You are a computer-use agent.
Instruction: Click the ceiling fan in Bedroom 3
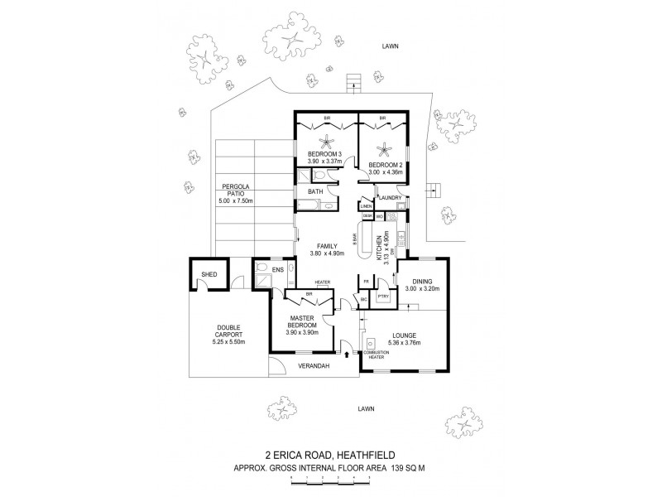coord(325,141)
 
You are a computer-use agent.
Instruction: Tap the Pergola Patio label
coord(228,193)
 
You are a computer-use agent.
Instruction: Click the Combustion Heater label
coord(386,355)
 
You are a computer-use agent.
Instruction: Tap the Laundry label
coord(391,198)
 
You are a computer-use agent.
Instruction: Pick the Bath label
coord(315,192)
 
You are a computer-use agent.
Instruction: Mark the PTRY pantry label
coord(383,295)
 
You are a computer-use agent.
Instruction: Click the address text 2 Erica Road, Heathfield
coord(330,454)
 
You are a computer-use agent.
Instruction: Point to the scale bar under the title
coord(331,482)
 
